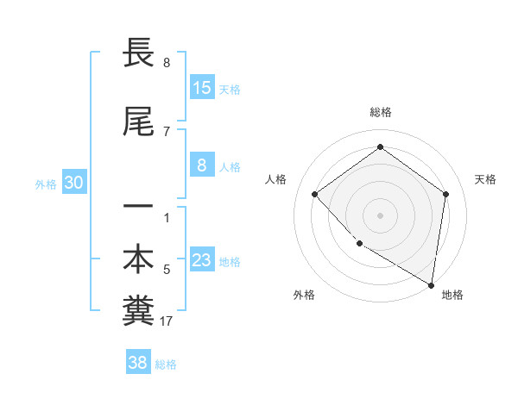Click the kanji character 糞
(x=138, y=312)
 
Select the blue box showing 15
(x=202, y=88)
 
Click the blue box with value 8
(x=202, y=165)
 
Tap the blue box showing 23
(x=202, y=260)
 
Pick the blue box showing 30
(x=73, y=183)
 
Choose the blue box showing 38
(x=138, y=363)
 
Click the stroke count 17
(x=167, y=322)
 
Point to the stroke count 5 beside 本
(x=167, y=270)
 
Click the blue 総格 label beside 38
(x=166, y=364)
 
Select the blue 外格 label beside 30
(x=46, y=184)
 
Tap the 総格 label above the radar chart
(x=380, y=112)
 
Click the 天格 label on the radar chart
(x=485, y=179)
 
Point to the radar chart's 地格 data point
(x=431, y=284)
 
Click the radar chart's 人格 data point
(x=315, y=194)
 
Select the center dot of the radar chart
(x=380, y=215)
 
